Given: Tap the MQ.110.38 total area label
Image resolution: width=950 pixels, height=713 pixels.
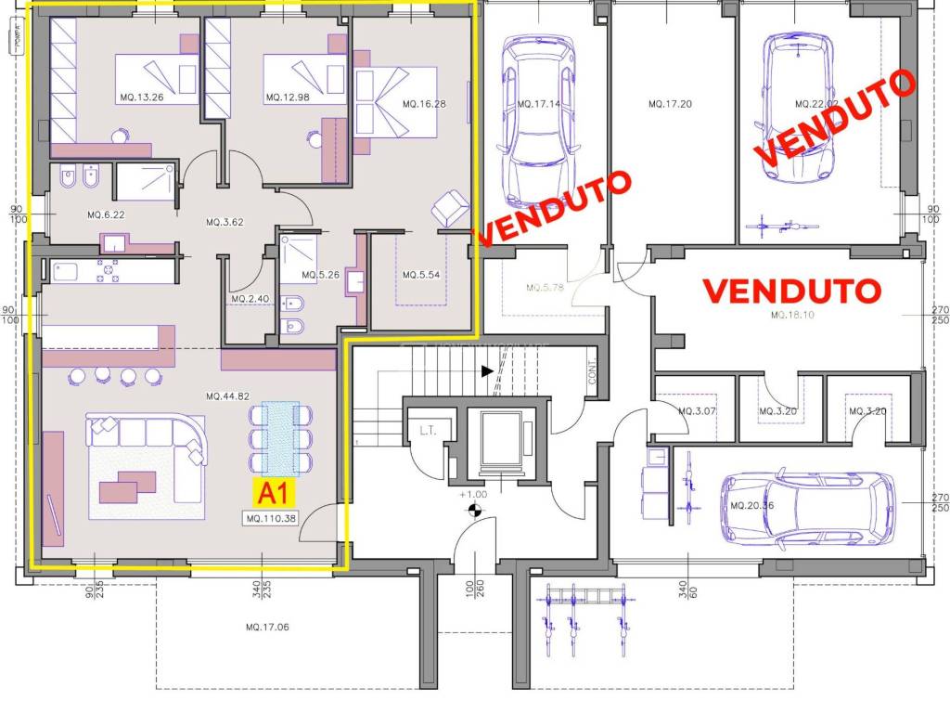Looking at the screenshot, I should tap(272, 518).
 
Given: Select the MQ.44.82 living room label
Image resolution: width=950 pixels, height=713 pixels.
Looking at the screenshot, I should tap(229, 396).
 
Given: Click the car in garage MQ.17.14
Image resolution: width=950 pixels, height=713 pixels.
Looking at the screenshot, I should tap(535, 121).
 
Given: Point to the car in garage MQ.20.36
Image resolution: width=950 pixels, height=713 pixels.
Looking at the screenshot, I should tap(806, 507).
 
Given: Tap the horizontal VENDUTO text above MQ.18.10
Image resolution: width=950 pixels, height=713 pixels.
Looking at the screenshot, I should tap(791, 291).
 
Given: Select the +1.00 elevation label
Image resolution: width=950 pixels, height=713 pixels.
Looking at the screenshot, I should tap(473, 495).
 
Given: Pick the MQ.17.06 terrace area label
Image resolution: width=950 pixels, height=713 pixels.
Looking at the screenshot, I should tap(268, 628).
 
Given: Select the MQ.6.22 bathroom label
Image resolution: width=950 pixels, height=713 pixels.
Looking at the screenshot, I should tap(106, 214).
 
